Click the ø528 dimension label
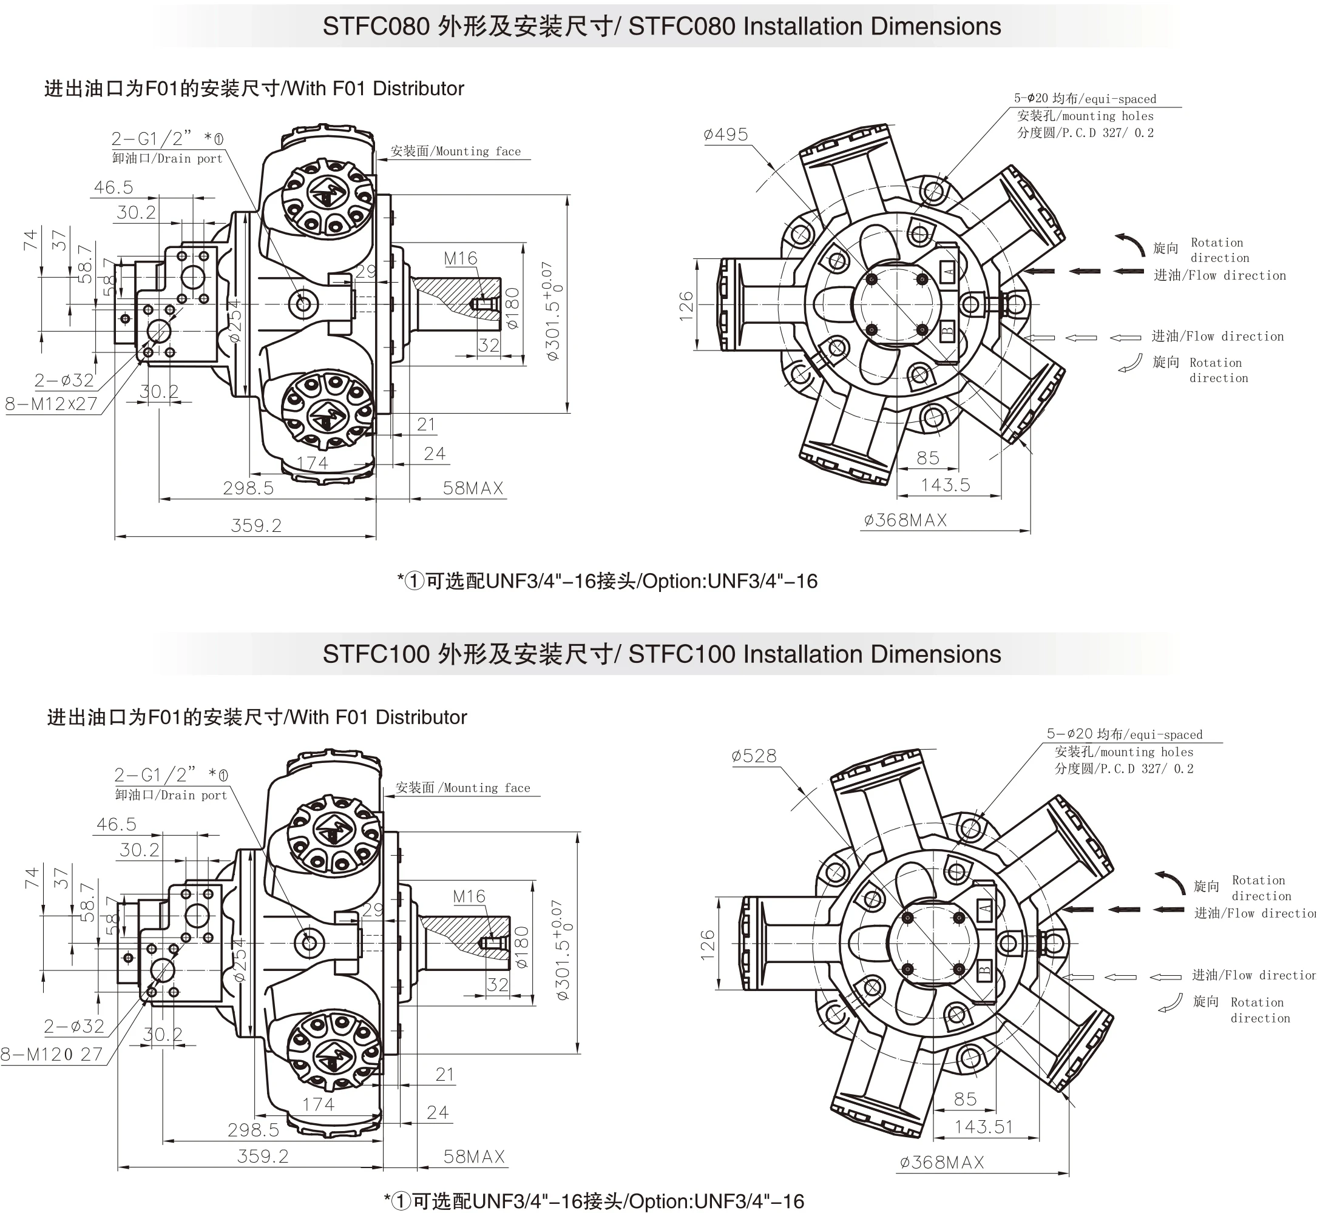(754, 756)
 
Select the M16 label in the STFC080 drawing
(460, 258)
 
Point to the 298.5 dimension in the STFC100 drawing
(254, 1130)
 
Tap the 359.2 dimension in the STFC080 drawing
(256, 526)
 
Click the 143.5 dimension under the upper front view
(946, 486)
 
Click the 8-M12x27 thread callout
(52, 404)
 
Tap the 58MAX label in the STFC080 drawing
(473, 488)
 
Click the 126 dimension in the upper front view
(686, 306)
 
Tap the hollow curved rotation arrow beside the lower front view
(1170, 1003)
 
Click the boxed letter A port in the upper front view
(949, 270)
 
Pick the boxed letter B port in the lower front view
(984, 969)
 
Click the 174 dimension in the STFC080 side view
(312, 463)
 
